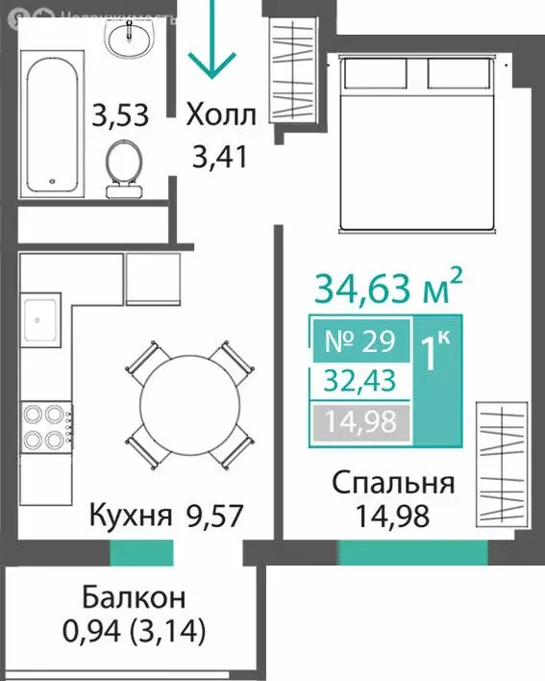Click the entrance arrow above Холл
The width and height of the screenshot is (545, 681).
point(211,43)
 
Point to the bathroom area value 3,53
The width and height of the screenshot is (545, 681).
point(120,116)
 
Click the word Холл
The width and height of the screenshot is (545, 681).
point(221,116)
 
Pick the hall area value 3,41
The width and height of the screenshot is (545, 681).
point(221,155)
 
